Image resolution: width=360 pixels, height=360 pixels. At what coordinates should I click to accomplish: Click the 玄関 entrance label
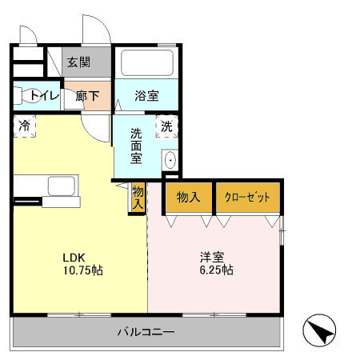[78, 62]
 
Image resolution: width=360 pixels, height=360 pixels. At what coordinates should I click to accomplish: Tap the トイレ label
[44, 95]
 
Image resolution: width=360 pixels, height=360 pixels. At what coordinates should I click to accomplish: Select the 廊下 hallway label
[87, 96]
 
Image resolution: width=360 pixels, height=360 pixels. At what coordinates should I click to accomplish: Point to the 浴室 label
[146, 96]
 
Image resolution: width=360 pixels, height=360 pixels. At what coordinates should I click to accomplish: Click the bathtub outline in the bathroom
[147, 62]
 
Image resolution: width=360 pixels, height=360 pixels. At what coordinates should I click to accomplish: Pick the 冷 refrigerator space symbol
[24, 126]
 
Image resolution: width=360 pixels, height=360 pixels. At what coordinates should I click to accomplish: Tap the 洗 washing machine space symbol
[166, 126]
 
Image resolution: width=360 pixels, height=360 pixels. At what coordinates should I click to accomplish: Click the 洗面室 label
[136, 146]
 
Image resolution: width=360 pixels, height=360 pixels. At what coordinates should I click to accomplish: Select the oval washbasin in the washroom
[170, 160]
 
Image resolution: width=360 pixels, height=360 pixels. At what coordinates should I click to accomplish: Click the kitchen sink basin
[62, 186]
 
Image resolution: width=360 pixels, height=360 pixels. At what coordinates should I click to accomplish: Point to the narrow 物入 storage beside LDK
[138, 198]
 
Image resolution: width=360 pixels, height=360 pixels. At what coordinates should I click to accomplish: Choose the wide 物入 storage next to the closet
[189, 198]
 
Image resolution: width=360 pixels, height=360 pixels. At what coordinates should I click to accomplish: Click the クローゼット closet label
[247, 198]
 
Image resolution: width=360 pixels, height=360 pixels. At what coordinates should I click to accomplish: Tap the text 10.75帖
[83, 270]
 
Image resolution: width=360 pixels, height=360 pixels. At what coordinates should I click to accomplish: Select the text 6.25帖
[217, 270]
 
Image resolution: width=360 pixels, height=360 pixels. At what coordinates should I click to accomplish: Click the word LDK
[74, 258]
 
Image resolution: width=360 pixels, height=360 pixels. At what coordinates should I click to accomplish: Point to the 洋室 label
[212, 257]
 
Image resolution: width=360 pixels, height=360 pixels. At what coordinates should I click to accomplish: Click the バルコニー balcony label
[146, 332]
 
